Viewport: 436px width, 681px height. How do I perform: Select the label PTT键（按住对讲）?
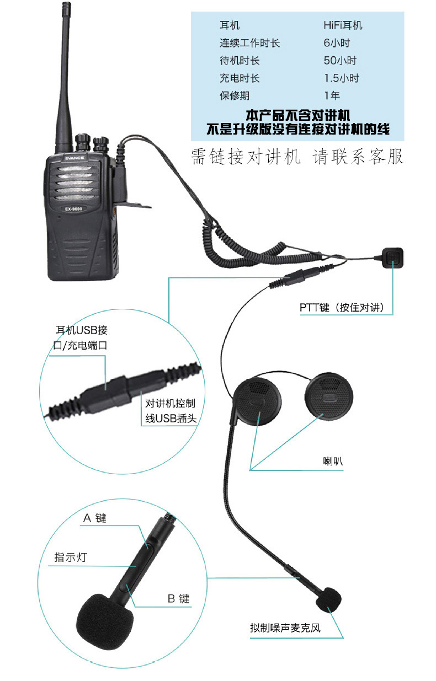pos(342,307)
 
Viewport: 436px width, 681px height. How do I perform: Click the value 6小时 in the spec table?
pos(337,43)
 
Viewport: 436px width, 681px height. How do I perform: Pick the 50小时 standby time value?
pos(340,61)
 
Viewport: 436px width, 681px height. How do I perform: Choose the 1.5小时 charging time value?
pos(341,78)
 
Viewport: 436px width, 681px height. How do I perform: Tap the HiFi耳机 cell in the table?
pos(343,25)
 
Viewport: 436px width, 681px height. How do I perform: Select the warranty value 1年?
pos(332,96)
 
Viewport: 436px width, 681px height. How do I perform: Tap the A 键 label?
pos(94,518)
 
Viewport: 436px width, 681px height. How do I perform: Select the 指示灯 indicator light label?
pos(70,557)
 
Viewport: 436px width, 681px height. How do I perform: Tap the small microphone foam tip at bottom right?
pos(331,600)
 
